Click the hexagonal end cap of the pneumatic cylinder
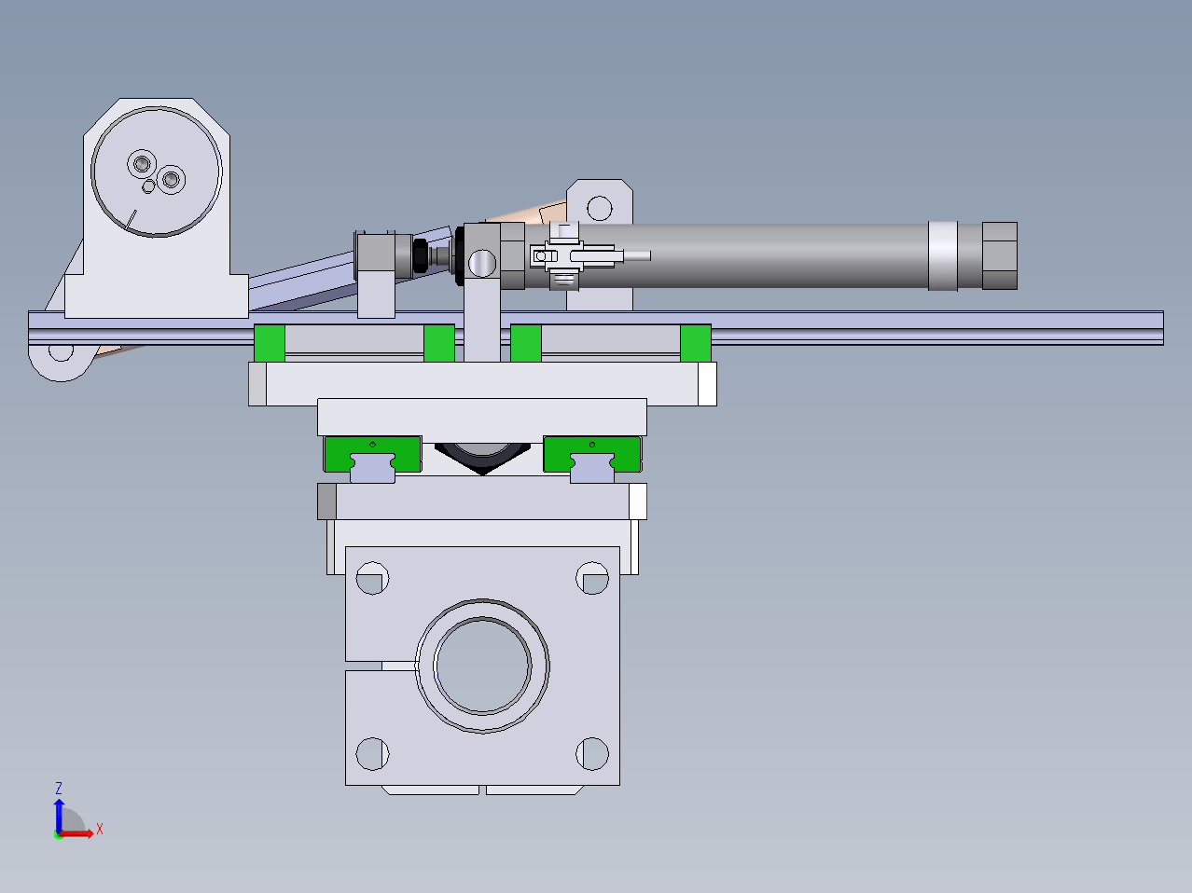pyautogui.click(x=999, y=255)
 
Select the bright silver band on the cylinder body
pyautogui.click(x=942, y=255)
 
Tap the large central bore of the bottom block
pyautogui.click(x=482, y=666)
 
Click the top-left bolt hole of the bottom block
pyautogui.click(x=372, y=578)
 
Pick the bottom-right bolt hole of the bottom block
pyautogui.click(x=592, y=753)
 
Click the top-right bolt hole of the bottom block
pyautogui.click(x=592, y=578)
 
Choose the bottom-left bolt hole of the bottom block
pyautogui.click(x=372, y=753)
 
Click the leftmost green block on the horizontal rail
pyautogui.click(x=270, y=343)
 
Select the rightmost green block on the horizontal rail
pyautogui.click(x=696, y=343)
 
